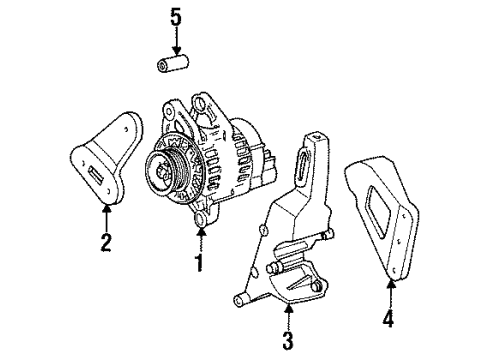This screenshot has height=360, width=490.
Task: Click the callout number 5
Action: pos(177,17)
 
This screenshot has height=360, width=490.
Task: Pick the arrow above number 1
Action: pos(200,238)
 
